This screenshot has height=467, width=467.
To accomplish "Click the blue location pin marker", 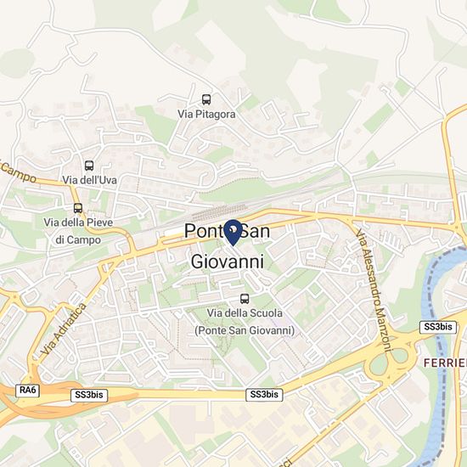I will tap(232, 230).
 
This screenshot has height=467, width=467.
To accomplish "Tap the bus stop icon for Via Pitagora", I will tap(207, 98).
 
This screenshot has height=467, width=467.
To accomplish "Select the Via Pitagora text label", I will tap(207, 113).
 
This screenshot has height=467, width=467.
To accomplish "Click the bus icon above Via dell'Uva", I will tap(89, 166).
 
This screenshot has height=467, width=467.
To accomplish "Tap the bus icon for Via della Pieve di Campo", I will tap(78, 208).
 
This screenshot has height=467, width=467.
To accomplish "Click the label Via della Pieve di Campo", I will tap(78, 231).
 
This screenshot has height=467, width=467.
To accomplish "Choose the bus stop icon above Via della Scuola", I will tap(245, 298).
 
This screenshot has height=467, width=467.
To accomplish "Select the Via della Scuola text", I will tap(245, 313).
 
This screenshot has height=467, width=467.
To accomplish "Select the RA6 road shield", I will tap(28, 389).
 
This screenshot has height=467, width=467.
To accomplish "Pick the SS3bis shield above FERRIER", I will tap(438, 327).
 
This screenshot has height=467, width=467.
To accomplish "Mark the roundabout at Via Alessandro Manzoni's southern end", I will tap(389, 365).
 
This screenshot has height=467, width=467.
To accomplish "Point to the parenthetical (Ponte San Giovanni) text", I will tap(245, 329).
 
